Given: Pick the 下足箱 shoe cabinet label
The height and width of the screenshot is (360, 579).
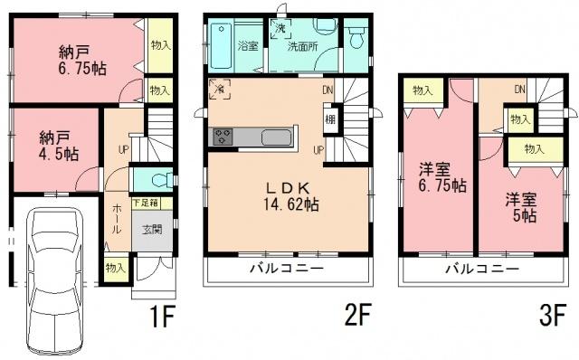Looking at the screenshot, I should (148, 204).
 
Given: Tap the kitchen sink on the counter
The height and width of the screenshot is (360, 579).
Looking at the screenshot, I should (276, 137).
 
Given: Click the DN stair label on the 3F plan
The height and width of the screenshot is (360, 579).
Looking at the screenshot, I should (520, 89).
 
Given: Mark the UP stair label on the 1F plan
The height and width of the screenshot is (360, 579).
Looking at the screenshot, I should (122, 149).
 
